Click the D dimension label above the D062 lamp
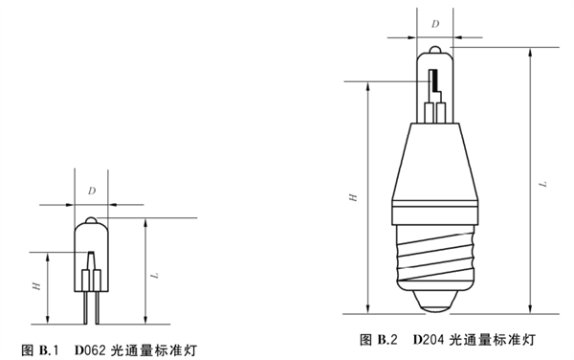coord(92,191)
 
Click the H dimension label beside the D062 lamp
coord(36,286)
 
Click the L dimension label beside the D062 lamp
coord(156,275)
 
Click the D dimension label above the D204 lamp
coord(435,24)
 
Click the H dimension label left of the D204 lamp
coord(353,197)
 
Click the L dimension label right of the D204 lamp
coord(544,184)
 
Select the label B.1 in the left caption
coord(49,350)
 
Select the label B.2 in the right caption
coord(387,340)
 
